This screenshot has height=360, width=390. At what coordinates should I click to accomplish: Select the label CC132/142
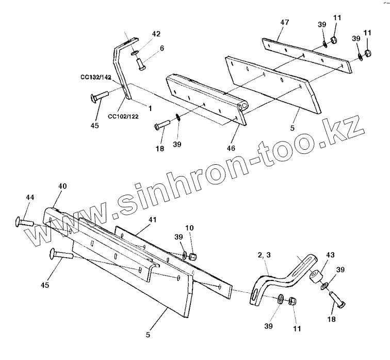coord(96,78)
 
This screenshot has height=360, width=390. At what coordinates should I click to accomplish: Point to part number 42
coord(156,34)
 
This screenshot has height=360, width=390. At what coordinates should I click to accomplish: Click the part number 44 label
coord(30,197)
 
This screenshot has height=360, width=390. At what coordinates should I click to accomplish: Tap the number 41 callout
coord(152,219)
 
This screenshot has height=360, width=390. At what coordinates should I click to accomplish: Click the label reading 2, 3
coord(265,255)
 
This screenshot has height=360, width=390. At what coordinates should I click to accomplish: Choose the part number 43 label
coord(330,255)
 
